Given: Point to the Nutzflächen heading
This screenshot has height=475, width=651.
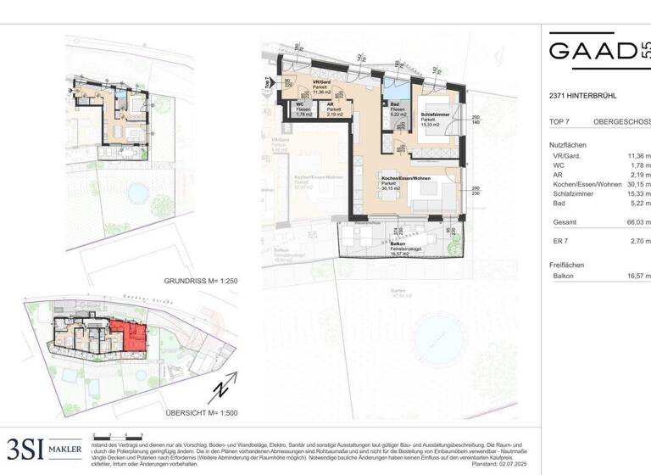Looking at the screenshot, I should tap(568, 145).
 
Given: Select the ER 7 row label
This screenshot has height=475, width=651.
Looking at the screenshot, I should tap(558, 242).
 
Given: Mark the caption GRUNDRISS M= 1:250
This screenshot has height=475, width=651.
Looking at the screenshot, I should tap(199, 280).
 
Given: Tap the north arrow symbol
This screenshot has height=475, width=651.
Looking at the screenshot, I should tap(218, 392).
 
